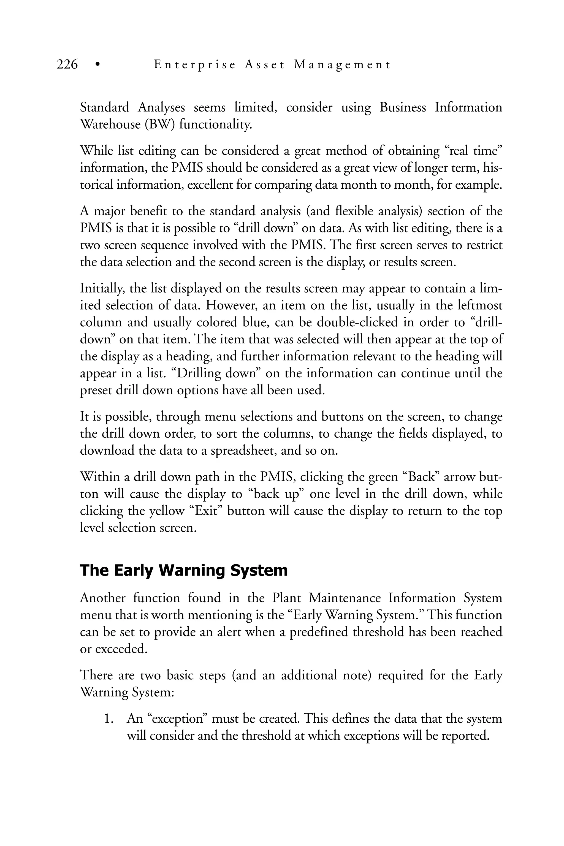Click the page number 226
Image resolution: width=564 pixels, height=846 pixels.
tap(67, 65)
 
